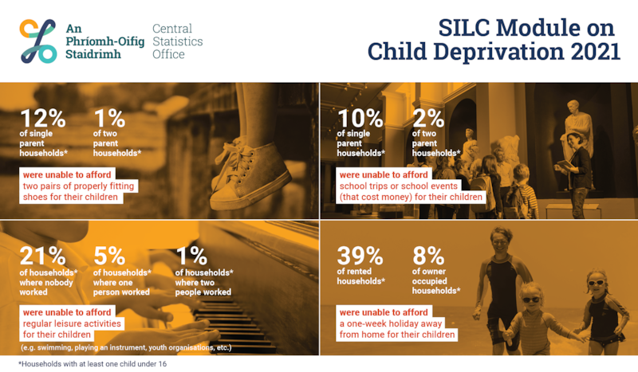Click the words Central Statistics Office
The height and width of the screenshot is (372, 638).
[x=178, y=41]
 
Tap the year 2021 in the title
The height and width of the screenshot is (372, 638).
[x=585, y=52]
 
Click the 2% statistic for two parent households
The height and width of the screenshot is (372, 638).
[x=430, y=118]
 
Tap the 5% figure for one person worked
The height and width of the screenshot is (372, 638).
[x=110, y=256]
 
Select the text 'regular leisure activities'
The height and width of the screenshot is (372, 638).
[x=73, y=323]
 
